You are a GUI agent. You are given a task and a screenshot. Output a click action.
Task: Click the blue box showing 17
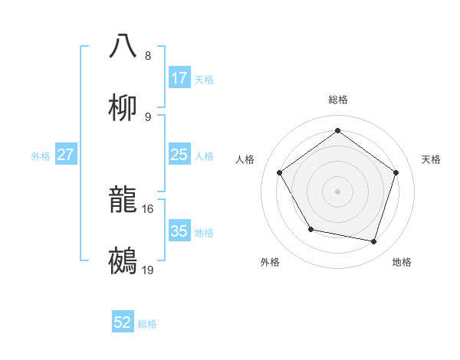coord(179,78)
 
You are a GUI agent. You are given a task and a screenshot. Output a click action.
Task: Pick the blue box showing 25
coord(179,155)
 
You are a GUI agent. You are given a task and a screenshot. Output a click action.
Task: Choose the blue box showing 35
coord(179,231)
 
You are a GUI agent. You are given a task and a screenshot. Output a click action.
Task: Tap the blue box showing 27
coord(65,155)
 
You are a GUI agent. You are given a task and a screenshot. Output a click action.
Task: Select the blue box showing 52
coord(123,322)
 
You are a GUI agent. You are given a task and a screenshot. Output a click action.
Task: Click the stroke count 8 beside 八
coord(148,56)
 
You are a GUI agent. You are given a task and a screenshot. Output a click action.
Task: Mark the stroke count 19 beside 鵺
coord(148,270)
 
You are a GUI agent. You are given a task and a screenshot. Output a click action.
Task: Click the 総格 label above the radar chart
coord(338,100)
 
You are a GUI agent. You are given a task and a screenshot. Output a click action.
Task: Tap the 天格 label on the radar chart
coord(431,159)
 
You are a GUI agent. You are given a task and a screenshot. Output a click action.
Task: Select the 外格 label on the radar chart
coord(270,262)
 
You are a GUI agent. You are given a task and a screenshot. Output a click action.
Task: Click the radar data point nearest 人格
coord(280,172)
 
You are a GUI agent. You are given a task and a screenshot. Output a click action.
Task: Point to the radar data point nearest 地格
coord(374,241)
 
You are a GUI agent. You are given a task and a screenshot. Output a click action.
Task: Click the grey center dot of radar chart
coord(338,191)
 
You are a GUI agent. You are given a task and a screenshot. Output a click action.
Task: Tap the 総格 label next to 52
coord(147,324)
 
